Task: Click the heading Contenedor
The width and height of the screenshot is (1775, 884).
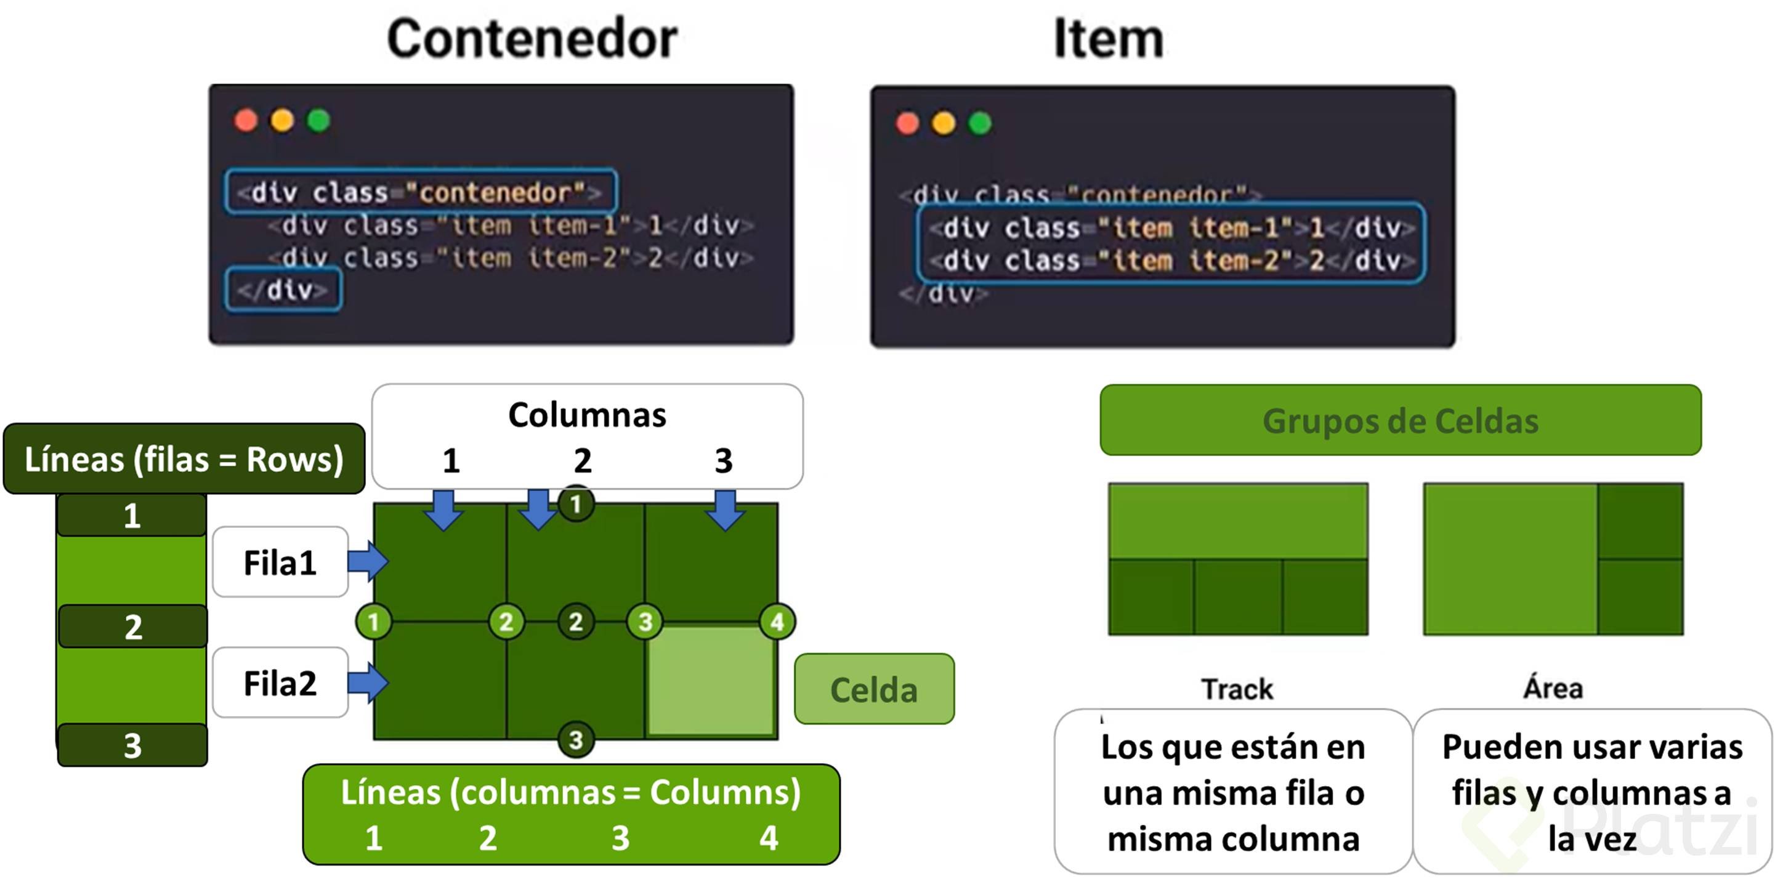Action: (x=532, y=39)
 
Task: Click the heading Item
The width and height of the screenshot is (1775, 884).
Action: (x=1109, y=39)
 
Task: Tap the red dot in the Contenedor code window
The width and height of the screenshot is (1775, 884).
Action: (x=246, y=121)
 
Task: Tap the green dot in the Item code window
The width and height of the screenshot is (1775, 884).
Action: (x=980, y=123)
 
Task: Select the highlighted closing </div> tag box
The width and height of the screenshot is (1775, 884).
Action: (x=283, y=290)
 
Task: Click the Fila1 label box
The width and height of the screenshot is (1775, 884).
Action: (x=280, y=562)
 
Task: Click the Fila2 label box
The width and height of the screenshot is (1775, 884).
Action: (x=280, y=683)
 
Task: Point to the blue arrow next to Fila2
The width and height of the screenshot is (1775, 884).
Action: (x=368, y=683)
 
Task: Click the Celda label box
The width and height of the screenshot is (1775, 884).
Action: (x=874, y=689)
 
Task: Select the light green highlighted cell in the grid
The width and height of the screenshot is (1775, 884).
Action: (x=710, y=681)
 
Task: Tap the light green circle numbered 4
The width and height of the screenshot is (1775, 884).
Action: (x=777, y=622)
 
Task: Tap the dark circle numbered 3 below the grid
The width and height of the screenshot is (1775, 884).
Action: (x=576, y=740)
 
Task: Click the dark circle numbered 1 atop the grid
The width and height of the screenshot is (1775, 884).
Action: (x=576, y=505)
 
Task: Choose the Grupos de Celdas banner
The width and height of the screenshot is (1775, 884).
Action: (x=1400, y=420)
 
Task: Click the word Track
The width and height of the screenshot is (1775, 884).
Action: (x=1237, y=689)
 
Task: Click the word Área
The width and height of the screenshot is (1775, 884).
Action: (x=1553, y=687)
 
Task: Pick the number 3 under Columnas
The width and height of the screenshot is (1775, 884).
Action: (x=724, y=460)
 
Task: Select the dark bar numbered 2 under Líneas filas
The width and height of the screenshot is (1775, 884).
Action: (x=133, y=627)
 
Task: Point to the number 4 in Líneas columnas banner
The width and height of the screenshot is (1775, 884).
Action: (x=769, y=838)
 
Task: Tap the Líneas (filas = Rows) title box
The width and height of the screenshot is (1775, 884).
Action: (x=184, y=459)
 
